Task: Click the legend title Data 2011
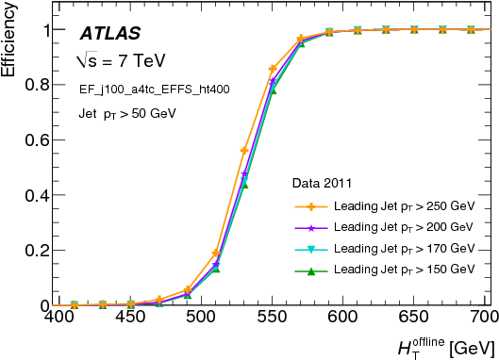point(322,183)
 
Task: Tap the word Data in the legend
point(306,183)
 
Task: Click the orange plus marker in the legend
point(310,205)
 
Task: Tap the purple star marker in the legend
point(310,227)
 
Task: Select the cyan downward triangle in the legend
point(310,249)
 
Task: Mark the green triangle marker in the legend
point(310,270)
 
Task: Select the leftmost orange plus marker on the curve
point(75,305)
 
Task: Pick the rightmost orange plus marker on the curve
point(471,30)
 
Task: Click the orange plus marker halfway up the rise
point(244,151)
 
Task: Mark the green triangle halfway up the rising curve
point(244,183)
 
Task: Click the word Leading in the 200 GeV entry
point(356,227)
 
